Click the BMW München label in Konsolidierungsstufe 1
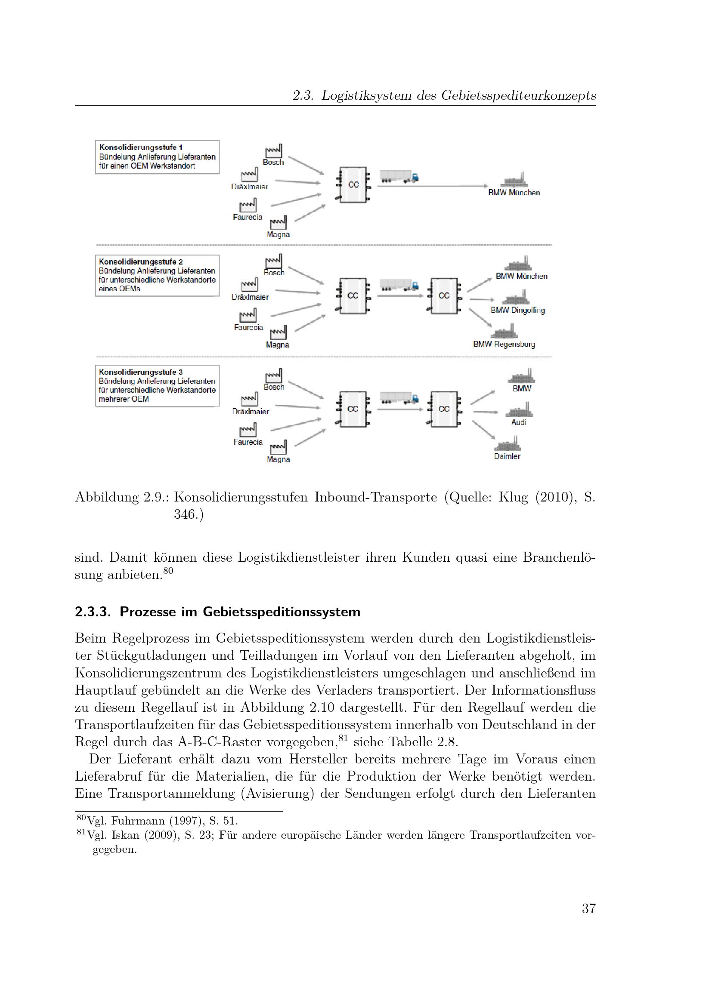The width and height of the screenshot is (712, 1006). (x=514, y=193)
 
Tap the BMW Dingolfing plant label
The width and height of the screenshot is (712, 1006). (x=517, y=310)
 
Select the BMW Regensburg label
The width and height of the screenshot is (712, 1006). (x=504, y=345)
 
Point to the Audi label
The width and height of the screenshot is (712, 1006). (x=519, y=422)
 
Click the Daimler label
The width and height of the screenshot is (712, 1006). (x=507, y=456)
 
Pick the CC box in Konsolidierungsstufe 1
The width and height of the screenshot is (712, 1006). (x=353, y=185)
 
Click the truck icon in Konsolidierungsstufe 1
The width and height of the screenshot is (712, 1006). (x=399, y=176)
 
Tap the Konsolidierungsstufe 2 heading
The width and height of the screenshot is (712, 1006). (x=141, y=261)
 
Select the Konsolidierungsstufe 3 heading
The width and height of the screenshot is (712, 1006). (x=141, y=372)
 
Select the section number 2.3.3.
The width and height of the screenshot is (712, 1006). (x=93, y=612)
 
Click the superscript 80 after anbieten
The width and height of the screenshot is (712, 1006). (x=168, y=571)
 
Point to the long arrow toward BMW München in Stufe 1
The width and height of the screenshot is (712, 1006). (x=432, y=186)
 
